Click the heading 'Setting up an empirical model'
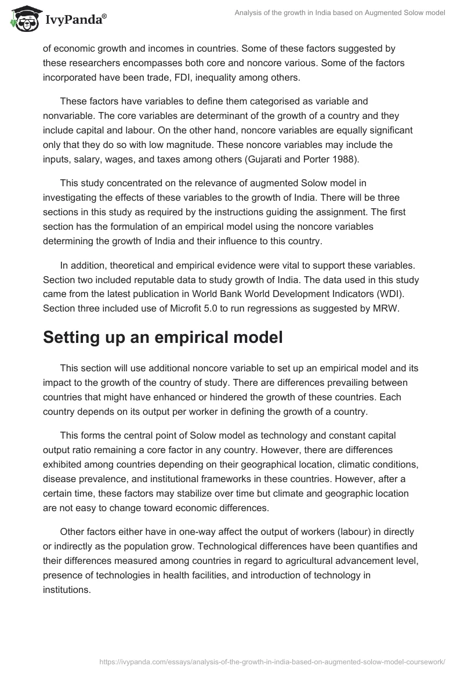click(162, 337)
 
